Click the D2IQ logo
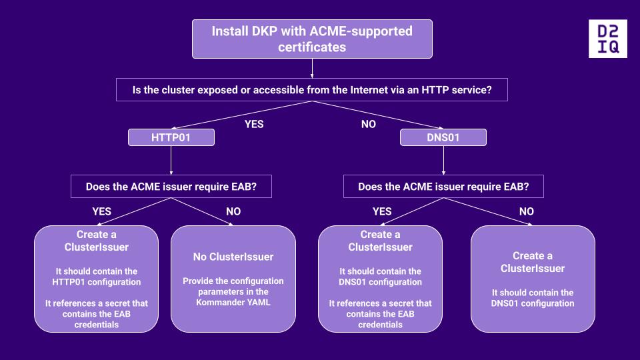608,39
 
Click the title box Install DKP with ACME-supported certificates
312,39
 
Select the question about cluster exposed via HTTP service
312,90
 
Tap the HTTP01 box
171,137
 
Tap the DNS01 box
443,137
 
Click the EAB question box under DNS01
443,187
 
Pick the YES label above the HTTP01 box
254,124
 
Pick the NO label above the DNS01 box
368,124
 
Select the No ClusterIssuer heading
233,257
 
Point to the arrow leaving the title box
312,69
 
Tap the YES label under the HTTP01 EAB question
101,211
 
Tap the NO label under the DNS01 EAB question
526,211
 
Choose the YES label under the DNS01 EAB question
382,211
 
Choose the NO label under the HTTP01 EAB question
233,211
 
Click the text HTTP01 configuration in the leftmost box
97,282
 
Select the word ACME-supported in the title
365,31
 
